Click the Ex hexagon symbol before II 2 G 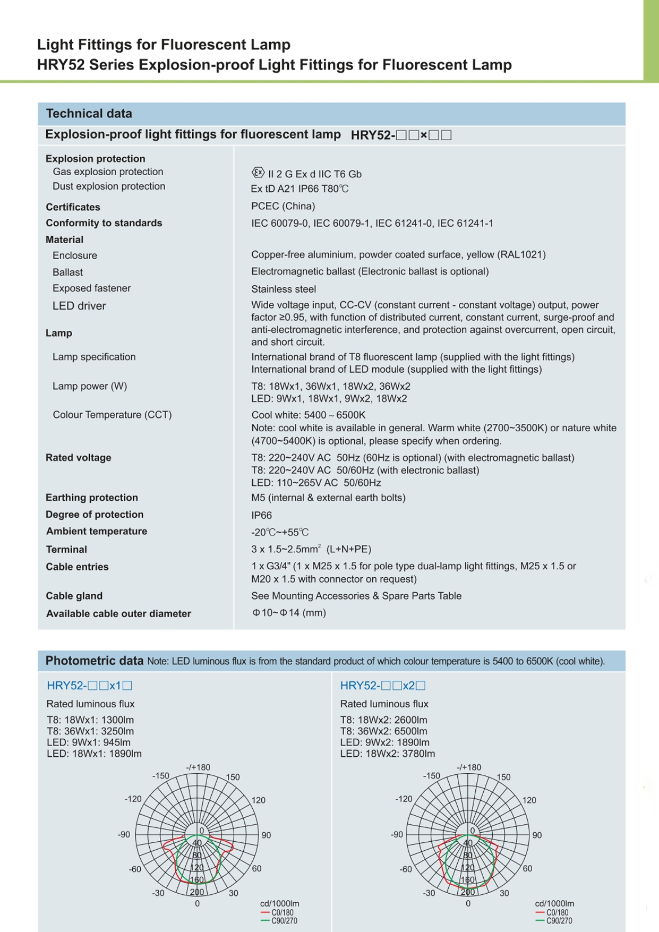point(258,173)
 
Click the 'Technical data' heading point(89,114)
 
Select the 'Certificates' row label point(73,207)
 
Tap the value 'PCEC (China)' point(283,206)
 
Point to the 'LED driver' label point(79,306)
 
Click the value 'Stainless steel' point(284,289)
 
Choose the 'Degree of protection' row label point(95,515)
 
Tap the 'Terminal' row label point(66,550)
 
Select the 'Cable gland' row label point(74,596)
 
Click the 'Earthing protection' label point(92,498)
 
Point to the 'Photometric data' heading point(95,661)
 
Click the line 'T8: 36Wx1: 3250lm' point(90,731)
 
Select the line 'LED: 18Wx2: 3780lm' point(387,754)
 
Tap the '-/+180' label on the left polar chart point(198,767)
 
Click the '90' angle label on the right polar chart point(537,835)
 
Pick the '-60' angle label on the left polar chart point(135,869)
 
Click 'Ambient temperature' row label point(97,532)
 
